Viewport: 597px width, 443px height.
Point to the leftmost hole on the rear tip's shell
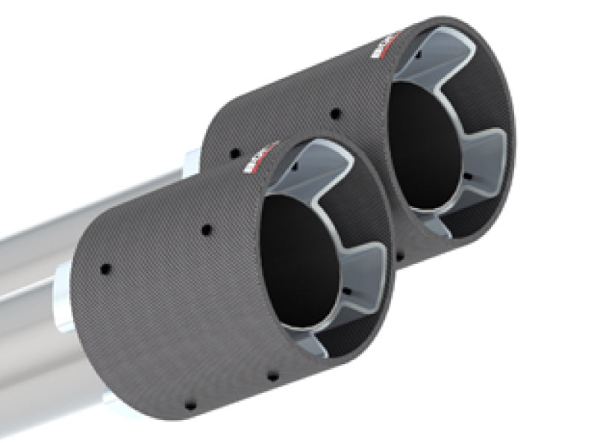(x=235, y=153)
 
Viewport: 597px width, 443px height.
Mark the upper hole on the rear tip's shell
(x=334, y=114)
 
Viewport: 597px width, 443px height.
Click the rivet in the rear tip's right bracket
(x=466, y=177)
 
